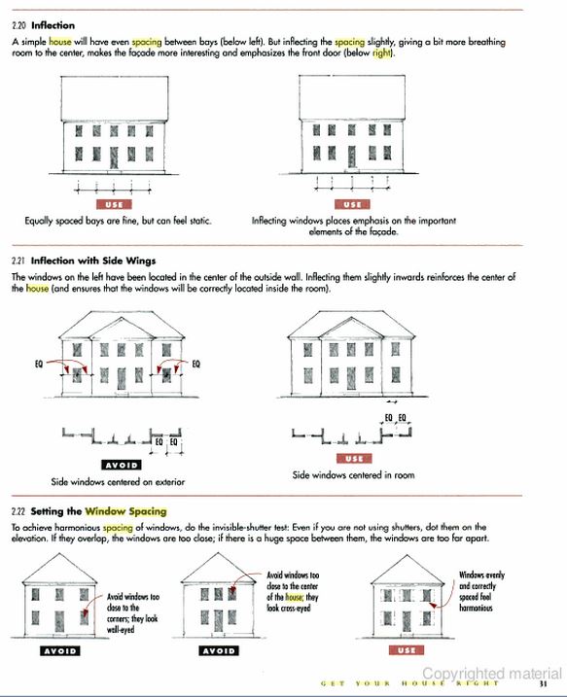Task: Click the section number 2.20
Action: pos(19,25)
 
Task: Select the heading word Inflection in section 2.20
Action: pos(53,25)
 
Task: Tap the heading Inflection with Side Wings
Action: pos(93,261)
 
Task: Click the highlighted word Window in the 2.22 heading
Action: pos(104,511)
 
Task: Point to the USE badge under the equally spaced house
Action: pos(115,204)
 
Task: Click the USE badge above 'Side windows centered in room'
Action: pos(354,458)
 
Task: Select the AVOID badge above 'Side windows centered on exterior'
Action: pos(122,465)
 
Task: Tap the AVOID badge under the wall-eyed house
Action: pos(60,651)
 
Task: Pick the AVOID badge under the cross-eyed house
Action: pos(219,651)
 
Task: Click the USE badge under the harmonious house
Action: pos(407,650)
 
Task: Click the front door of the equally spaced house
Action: pos(114,157)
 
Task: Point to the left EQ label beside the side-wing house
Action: pos(39,364)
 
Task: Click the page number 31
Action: pos(543,684)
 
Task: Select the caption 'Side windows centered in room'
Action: pos(354,474)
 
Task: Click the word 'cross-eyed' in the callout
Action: pos(298,608)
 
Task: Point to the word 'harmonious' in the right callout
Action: pos(476,608)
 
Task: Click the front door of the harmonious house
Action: pos(407,621)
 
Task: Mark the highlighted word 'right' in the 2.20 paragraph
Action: pos(381,52)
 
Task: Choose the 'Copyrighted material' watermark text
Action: pos(492,674)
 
